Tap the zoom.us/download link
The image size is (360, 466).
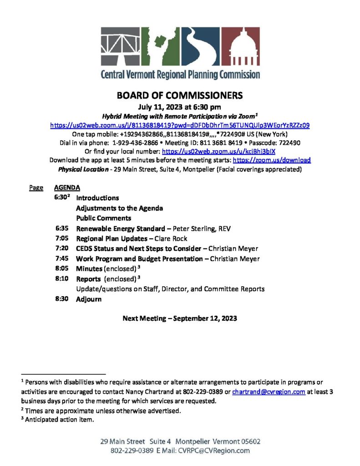tap(272, 160)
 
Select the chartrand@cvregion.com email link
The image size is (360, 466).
tap(269, 392)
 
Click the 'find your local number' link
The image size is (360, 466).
tap(218, 152)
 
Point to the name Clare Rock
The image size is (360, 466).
tap(171, 238)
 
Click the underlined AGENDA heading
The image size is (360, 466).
tap(67, 187)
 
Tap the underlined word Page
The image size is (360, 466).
tap(36, 187)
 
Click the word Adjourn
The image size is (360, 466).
tap(89, 299)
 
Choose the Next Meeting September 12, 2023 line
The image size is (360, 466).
tap(180, 318)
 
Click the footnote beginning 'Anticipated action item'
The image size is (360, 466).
tap(59, 420)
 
